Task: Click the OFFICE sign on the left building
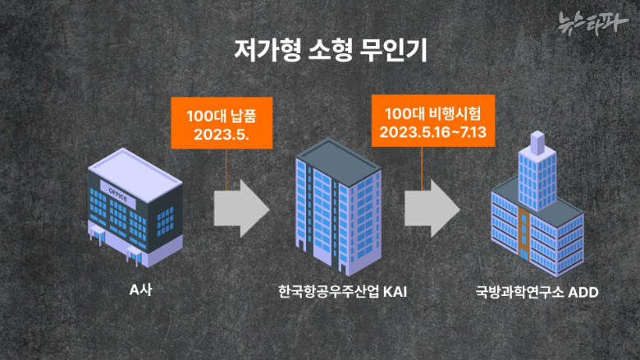119,187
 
